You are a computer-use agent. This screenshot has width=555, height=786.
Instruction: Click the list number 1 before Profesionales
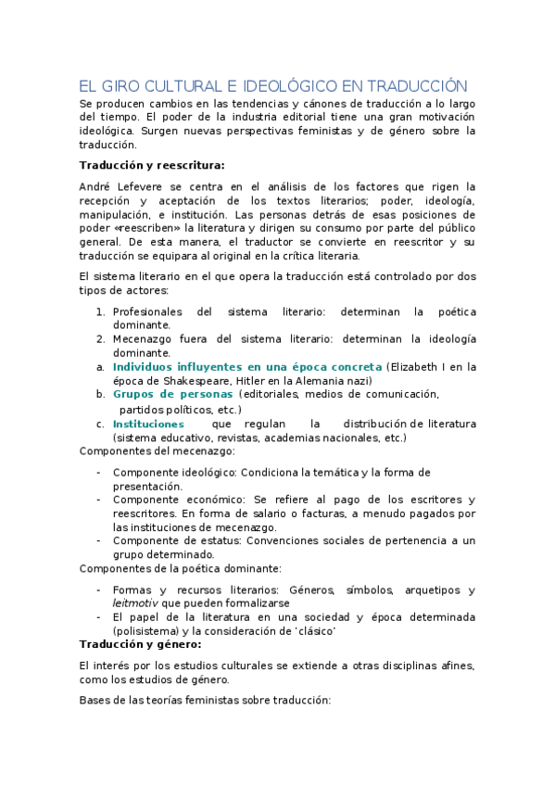102,312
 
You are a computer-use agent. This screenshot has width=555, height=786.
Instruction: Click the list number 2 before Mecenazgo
102,339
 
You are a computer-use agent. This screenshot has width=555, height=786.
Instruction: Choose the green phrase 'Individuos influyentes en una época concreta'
246,367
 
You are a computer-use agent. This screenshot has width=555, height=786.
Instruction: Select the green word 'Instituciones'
148,424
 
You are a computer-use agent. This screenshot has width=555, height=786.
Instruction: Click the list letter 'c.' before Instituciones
100,424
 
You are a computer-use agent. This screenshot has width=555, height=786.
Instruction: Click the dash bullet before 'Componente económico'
99,500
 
